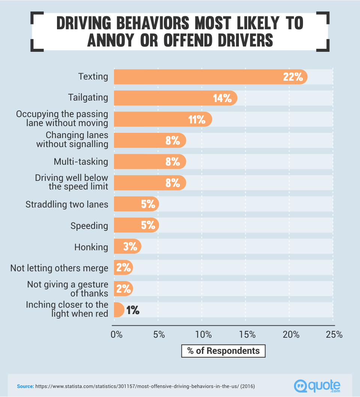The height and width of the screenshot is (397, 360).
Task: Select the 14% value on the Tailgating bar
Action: [x=222, y=98]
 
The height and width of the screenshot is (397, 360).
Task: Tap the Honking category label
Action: [x=91, y=247]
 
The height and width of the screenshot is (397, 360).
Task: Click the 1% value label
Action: [x=133, y=310]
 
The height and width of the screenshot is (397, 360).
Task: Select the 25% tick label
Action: [x=334, y=334]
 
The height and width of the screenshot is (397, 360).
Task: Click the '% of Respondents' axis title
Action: [x=223, y=351]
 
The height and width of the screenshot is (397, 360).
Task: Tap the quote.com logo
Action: [x=318, y=385]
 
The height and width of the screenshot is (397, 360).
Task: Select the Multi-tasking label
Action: [x=81, y=162]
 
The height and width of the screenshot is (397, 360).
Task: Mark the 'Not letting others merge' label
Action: [x=59, y=268]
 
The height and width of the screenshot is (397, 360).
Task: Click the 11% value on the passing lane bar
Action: [x=196, y=119]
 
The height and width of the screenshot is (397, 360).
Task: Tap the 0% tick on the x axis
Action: [x=117, y=334]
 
